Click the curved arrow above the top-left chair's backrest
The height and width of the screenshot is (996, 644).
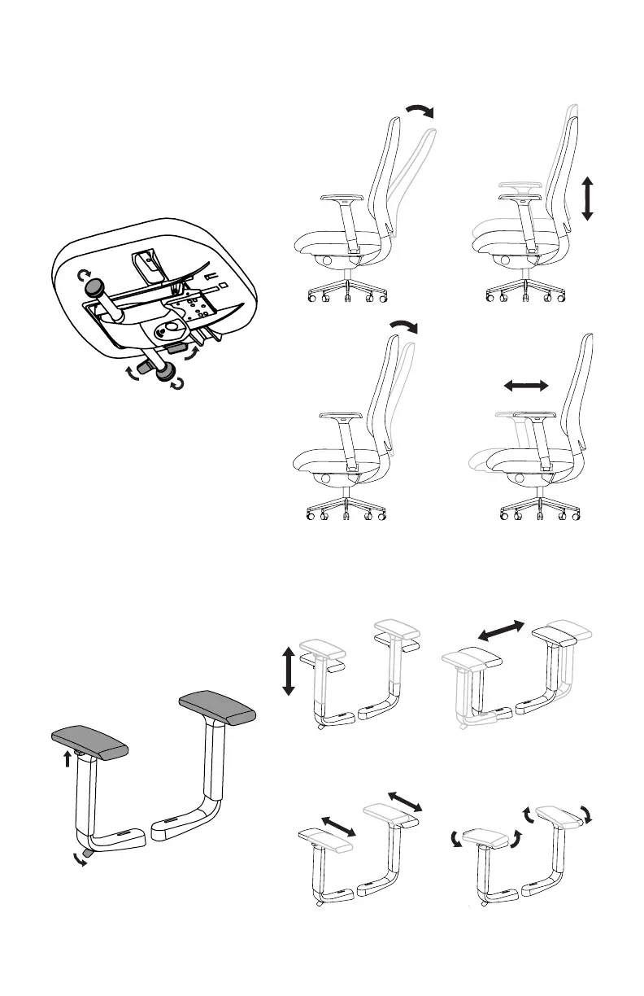tap(421, 111)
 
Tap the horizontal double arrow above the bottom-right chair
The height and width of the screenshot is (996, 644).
tap(526, 387)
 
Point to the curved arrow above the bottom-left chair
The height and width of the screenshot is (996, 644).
tap(403, 326)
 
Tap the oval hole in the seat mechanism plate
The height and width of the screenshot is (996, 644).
tap(170, 328)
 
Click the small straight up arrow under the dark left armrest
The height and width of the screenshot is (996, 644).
tap(67, 758)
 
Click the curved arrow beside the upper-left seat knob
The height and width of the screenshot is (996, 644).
tap(82, 277)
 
